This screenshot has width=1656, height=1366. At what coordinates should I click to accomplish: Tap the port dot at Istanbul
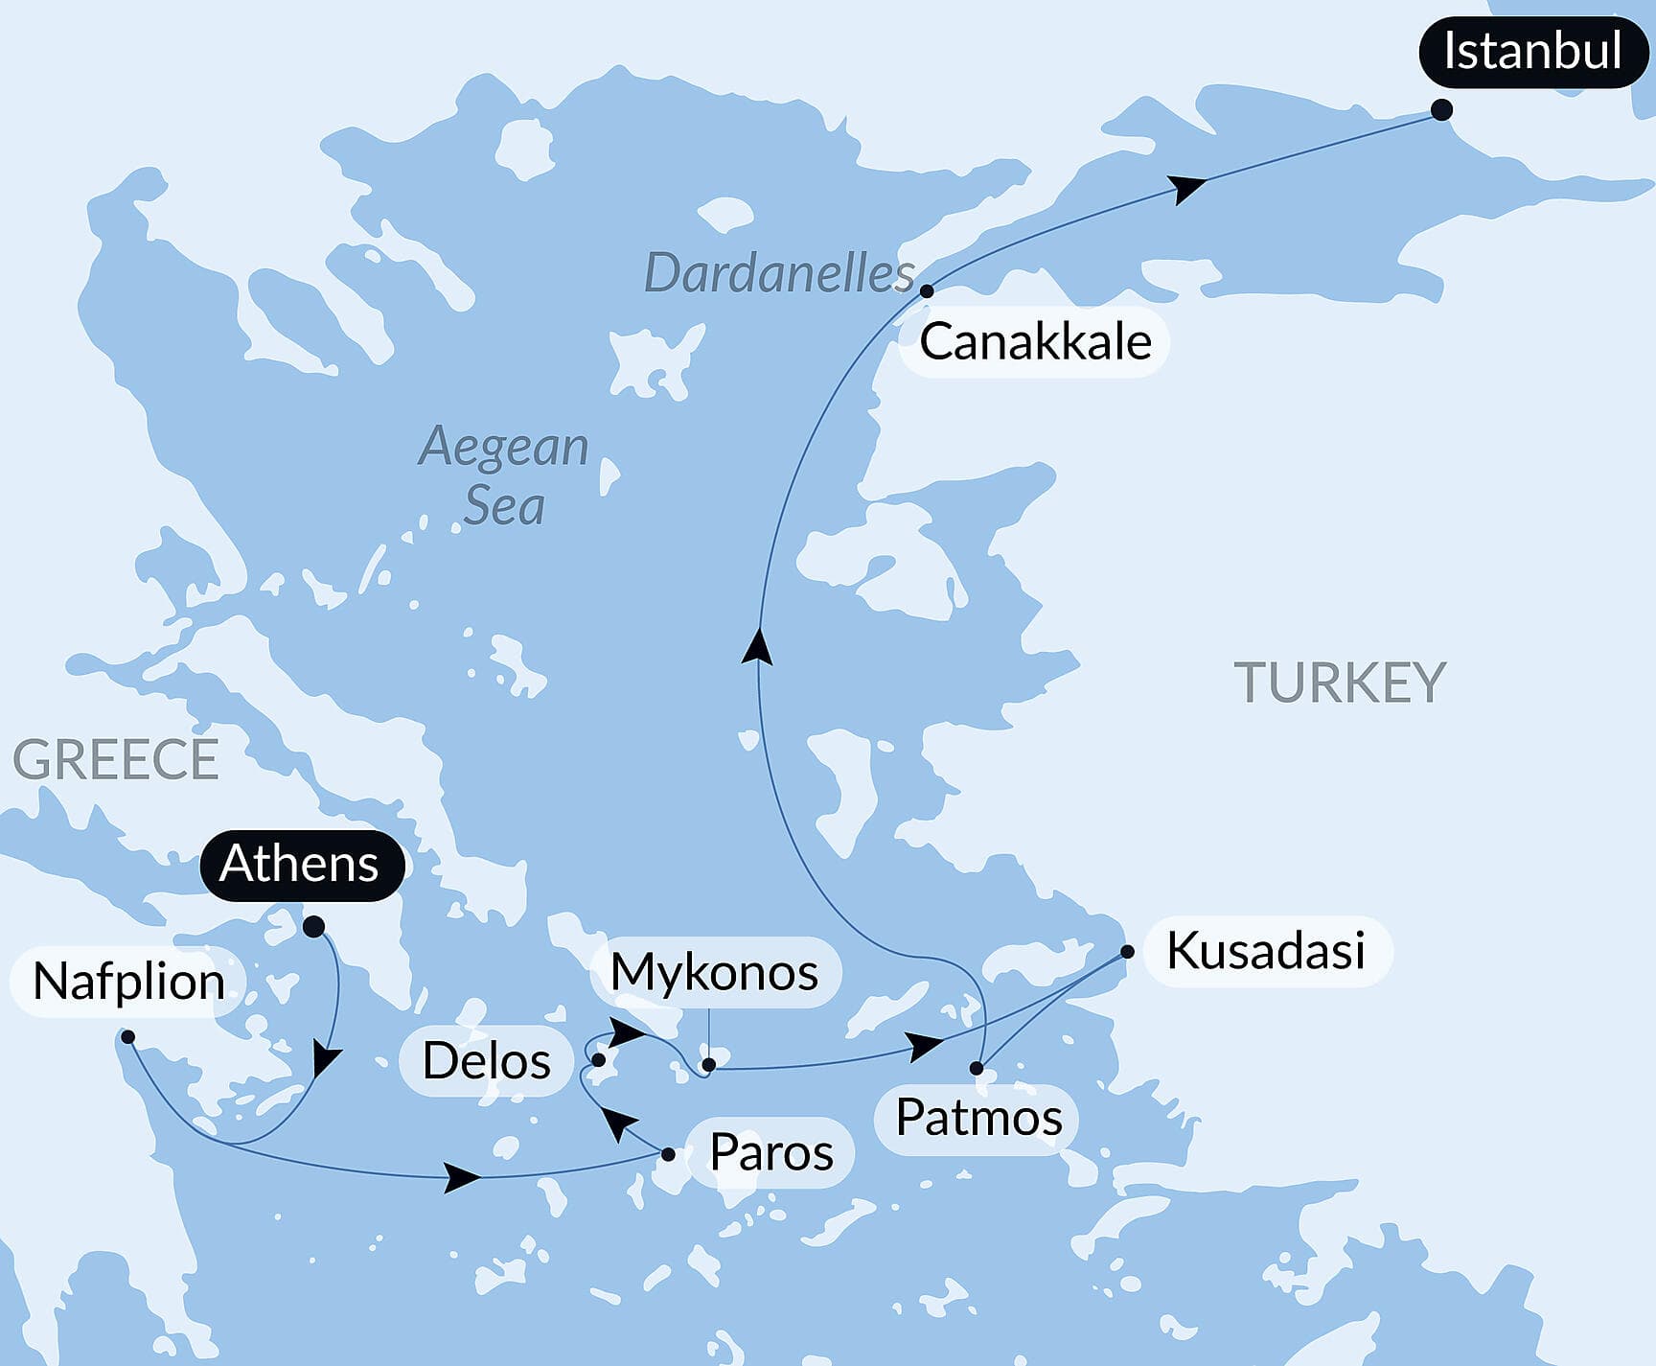(x=1440, y=109)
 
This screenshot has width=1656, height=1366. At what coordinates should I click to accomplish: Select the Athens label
(x=300, y=864)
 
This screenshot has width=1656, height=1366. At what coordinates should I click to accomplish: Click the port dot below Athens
(x=312, y=926)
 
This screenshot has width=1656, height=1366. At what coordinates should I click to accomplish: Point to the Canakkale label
(x=1035, y=342)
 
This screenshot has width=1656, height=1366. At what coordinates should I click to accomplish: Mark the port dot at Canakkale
(x=927, y=290)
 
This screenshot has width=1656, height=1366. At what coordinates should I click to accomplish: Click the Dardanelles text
(x=779, y=274)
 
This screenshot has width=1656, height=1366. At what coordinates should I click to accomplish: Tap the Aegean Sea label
(x=504, y=475)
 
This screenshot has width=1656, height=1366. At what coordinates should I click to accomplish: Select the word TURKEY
(x=1339, y=683)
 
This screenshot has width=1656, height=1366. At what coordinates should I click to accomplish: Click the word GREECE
(x=116, y=760)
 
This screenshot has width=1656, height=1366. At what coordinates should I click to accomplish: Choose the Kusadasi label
(x=1265, y=951)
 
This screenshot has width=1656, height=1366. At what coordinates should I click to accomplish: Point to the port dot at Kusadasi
(x=1127, y=952)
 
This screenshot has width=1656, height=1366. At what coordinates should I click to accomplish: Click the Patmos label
(x=978, y=1118)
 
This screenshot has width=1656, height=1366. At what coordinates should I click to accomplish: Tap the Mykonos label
(x=715, y=972)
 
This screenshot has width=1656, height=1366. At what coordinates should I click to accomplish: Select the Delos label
(x=487, y=1061)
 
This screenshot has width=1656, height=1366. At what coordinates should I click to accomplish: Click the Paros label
(x=770, y=1152)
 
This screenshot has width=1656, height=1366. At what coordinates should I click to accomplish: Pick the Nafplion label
(x=128, y=982)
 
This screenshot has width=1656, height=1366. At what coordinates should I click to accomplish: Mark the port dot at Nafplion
(x=127, y=1036)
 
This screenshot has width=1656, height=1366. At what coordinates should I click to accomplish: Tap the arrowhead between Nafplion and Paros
(x=463, y=1176)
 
